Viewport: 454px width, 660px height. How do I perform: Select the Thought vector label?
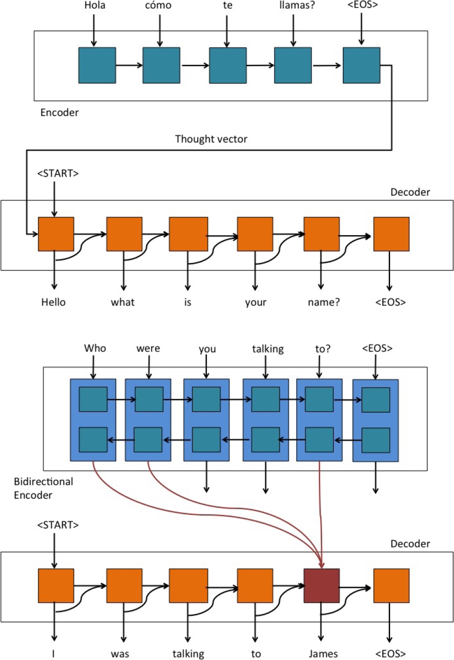click(x=211, y=139)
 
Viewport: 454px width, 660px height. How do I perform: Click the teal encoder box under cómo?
click(x=161, y=65)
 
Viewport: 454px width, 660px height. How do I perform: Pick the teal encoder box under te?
click(x=228, y=65)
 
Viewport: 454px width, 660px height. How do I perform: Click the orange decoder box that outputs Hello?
click(x=56, y=234)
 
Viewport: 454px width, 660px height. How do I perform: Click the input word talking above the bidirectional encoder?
click(x=266, y=348)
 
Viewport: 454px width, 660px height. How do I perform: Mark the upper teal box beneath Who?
click(x=93, y=400)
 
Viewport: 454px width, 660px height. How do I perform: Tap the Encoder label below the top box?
click(x=60, y=113)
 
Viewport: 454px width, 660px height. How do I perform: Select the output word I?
click(x=53, y=653)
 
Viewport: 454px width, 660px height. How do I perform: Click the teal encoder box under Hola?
click(x=97, y=65)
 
